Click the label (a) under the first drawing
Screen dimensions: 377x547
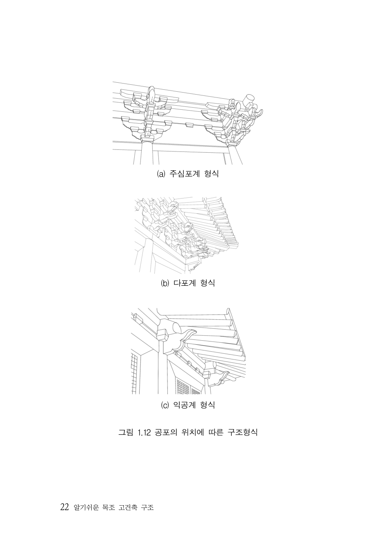[161, 174]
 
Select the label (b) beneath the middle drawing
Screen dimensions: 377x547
[165, 283]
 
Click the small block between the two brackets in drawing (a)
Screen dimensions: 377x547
[189, 125]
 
